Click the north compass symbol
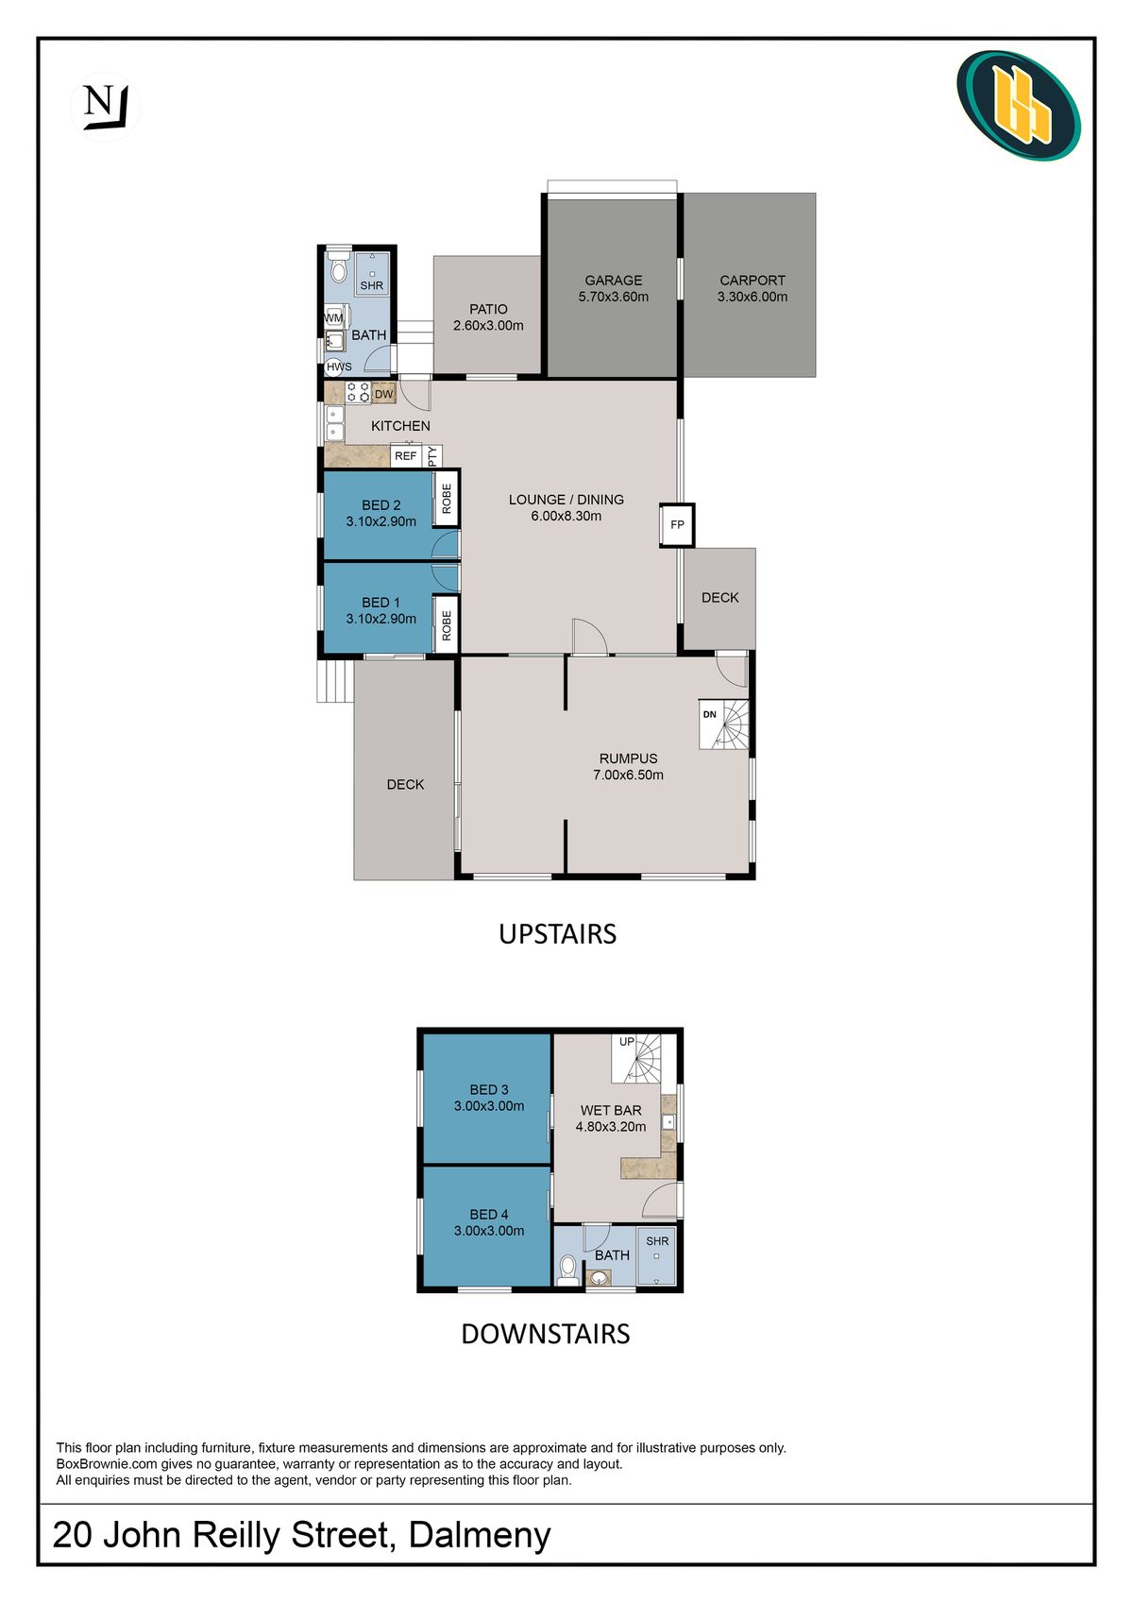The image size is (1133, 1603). coord(105,108)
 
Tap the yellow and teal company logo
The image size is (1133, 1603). coord(1019,105)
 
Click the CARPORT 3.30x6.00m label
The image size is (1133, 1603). coord(753,288)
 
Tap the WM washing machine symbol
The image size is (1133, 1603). coord(335,317)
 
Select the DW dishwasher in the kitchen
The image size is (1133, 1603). coord(383,394)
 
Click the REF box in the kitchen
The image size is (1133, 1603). coord(406,456)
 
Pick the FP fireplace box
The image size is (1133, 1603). coord(677,525)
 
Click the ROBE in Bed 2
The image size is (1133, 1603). coord(447,498)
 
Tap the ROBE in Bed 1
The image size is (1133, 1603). coord(447,624)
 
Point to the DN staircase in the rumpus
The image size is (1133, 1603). coord(723,725)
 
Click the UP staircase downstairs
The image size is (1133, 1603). coord(636,1058)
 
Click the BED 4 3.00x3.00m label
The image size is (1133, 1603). coord(489,1222)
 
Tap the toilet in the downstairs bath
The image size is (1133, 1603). coord(568,1268)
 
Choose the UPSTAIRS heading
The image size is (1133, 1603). coord(557,934)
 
